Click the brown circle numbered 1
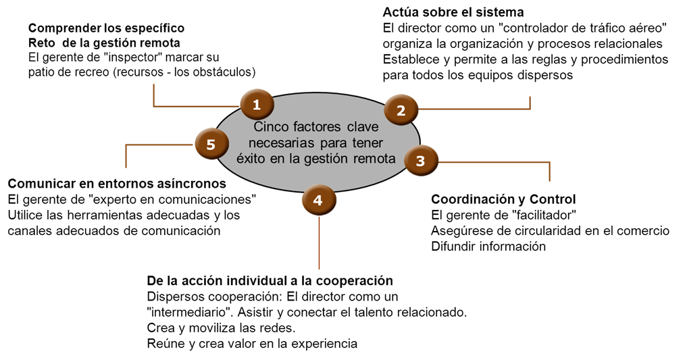257,104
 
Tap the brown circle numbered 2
401,110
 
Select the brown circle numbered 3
421,161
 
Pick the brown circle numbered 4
319,201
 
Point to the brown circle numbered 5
211,144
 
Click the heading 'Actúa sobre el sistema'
453,12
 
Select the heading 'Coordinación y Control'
503,199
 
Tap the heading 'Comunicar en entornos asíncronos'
117,183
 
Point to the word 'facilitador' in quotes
544,215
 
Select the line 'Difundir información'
488,247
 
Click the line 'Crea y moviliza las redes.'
222,328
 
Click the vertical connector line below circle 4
319,242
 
